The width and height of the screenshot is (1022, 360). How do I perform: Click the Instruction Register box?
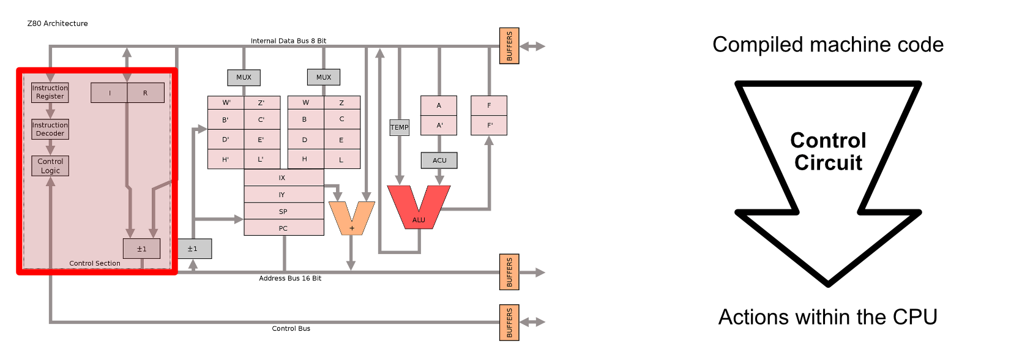tap(50, 92)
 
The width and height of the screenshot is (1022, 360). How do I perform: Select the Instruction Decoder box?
tap(50, 129)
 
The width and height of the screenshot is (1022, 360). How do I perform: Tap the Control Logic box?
tap(50, 166)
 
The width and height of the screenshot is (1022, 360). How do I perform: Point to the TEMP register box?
tap(400, 127)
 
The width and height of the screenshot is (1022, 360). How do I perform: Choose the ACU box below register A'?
tap(439, 160)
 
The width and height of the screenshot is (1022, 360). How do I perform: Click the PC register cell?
tap(283, 228)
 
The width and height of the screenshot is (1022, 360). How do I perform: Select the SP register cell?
tap(283, 211)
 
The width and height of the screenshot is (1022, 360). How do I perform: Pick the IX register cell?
tap(283, 178)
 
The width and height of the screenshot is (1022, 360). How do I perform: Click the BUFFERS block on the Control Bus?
tap(509, 323)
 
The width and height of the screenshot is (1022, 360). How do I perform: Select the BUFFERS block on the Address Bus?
tap(509, 272)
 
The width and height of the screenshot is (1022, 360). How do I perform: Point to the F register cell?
tap(489, 105)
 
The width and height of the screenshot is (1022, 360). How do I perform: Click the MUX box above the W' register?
tap(244, 77)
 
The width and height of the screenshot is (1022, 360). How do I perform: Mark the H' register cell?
tap(226, 159)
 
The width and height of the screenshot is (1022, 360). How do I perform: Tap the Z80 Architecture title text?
tap(58, 23)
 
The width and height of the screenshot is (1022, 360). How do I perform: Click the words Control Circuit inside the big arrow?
tap(828, 152)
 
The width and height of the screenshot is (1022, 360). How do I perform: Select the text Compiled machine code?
tap(828, 45)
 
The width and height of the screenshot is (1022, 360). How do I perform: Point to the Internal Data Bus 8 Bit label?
tap(288, 41)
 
